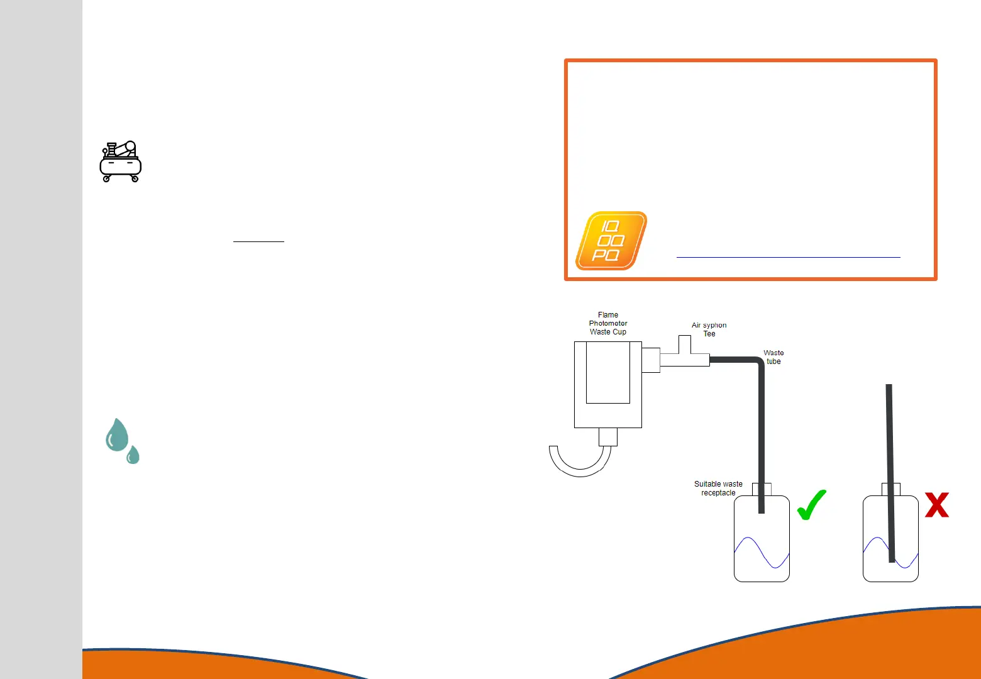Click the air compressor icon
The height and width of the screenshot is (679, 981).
click(x=121, y=162)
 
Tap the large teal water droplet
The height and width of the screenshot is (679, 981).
click(x=117, y=435)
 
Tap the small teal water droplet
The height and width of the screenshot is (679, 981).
click(x=133, y=455)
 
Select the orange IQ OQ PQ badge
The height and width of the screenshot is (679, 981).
click(x=611, y=241)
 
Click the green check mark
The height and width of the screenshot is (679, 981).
click(x=811, y=505)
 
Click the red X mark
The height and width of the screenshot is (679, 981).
click(x=936, y=505)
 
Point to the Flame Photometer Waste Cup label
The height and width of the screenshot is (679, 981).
click(x=608, y=323)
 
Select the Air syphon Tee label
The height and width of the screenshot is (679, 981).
click(x=709, y=329)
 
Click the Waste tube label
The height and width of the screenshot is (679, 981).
click(x=773, y=357)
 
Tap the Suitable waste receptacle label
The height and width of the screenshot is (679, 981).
click(x=718, y=489)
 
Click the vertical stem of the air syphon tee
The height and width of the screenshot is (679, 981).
click(x=685, y=345)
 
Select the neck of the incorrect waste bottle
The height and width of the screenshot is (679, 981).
click(x=891, y=489)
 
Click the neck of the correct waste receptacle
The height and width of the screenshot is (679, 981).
click(x=762, y=489)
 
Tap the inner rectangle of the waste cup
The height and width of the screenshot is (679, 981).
click(x=608, y=372)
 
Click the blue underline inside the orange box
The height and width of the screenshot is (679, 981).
click(x=788, y=257)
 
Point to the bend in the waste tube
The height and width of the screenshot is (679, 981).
click(x=758, y=363)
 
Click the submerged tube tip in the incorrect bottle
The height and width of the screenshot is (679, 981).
click(x=892, y=557)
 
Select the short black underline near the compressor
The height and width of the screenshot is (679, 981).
click(x=258, y=241)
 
